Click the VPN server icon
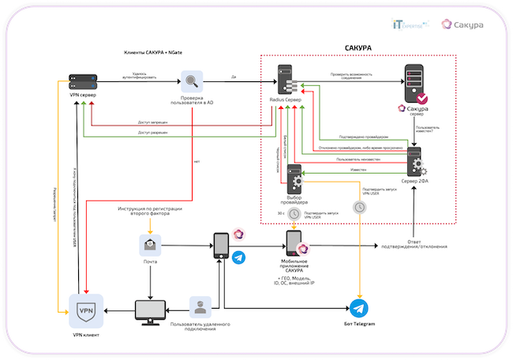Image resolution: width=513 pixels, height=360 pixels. pyautogui.click(x=84, y=81)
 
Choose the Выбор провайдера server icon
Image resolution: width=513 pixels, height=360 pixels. pyautogui.click(x=294, y=178)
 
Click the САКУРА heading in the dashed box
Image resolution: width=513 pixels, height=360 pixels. pyautogui.click(x=358, y=49)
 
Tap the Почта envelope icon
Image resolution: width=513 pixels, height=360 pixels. pyautogui.click(x=149, y=246)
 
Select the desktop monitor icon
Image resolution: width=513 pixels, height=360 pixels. pyautogui.click(x=149, y=312)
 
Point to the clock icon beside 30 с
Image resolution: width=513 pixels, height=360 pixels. pyautogui.click(x=294, y=213)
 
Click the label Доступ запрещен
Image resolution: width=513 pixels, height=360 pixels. pyautogui.click(x=152, y=122)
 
